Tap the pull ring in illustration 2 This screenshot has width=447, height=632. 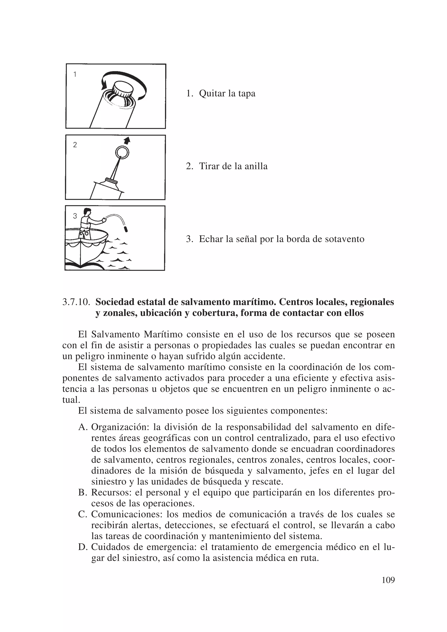pos(122,152)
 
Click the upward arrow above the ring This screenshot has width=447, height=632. pos(127,141)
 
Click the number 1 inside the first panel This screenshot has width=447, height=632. pos(75,74)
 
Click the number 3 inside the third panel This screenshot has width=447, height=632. pos(75,216)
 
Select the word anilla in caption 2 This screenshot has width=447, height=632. pos(256,166)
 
